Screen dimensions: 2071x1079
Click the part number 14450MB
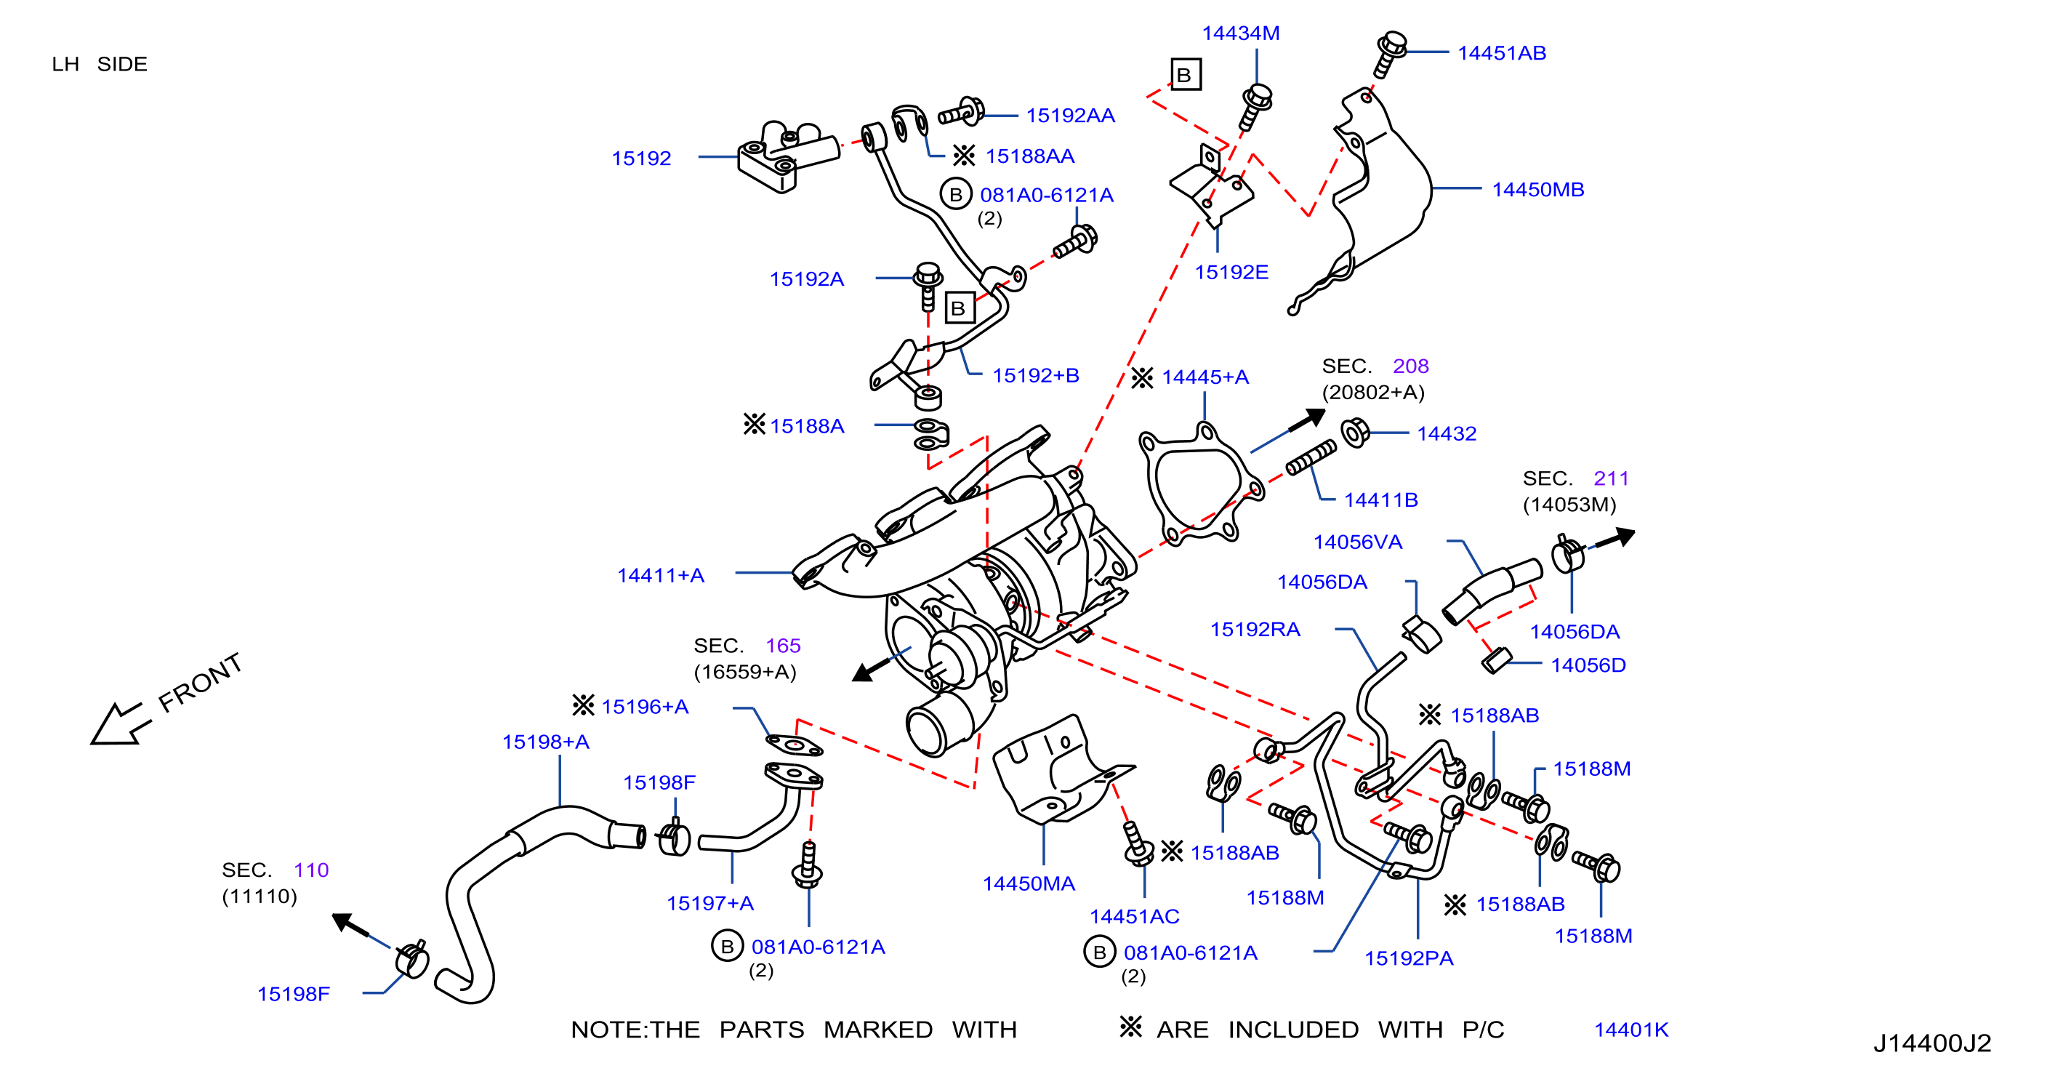(1537, 190)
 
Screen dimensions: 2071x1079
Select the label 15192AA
(1070, 116)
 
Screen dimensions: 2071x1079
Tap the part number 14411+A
(660, 576)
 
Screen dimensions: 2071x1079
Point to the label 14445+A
(1205, 377)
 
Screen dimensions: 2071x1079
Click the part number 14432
(1447, 434)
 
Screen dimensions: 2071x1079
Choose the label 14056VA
(1357, 542)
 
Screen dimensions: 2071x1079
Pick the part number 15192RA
(1255, 630)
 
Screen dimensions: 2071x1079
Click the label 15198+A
(546, 742)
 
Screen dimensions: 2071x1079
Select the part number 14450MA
(1029, 883)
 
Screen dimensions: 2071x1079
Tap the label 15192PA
(1409, 958)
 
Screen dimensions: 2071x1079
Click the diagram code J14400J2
(1932, 1043)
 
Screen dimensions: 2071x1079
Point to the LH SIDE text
(100, 64)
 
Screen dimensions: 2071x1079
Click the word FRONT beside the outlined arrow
(200, 683)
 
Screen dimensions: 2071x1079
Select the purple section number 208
(1411, 366)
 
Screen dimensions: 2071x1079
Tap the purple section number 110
(311, 870)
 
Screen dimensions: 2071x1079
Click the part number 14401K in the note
(1631, 1030)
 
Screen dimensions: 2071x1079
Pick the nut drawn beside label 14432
(1356, 433)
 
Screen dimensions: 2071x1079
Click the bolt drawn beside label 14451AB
(1388, 55)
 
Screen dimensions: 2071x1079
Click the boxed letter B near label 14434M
(1186, 75)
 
